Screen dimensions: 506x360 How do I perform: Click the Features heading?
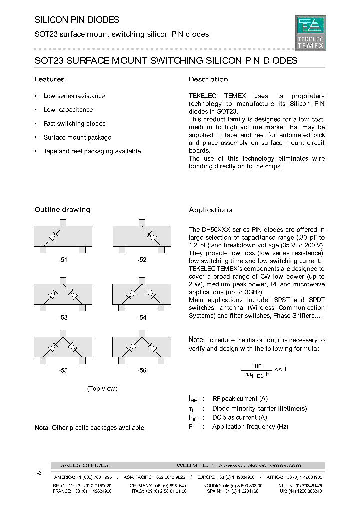49,79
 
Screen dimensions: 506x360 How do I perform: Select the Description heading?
208,79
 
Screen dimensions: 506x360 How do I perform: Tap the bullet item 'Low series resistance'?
74,96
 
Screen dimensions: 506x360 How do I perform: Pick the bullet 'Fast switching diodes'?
74,124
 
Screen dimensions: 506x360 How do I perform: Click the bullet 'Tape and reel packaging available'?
92,151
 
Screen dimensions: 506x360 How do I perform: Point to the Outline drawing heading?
62,210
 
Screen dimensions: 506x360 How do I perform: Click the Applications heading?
210,210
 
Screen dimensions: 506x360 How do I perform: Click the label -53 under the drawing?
63,317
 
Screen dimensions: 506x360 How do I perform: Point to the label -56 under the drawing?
142,371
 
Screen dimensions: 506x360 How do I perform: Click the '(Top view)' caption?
102,389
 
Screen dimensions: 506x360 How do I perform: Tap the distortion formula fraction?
257,370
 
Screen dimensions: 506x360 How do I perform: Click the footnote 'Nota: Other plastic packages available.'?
90,428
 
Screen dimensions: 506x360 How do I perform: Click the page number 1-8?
38,473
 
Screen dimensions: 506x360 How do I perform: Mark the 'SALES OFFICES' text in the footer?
84,465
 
